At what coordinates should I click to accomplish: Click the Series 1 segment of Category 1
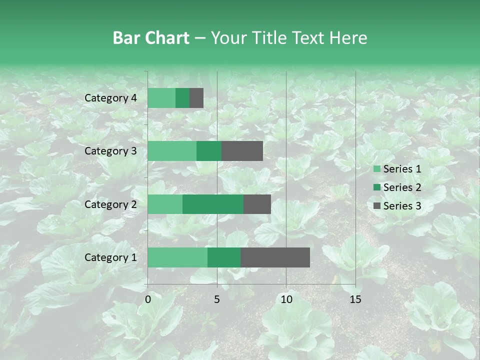177,257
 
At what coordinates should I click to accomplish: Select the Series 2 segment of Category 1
224,257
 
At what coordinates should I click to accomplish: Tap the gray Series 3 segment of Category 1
275,257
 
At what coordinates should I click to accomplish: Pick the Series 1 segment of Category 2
165,204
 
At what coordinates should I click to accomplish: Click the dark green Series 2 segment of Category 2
213,204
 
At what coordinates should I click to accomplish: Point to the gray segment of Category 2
257,204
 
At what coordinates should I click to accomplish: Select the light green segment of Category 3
172,151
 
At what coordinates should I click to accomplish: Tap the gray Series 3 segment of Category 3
242,151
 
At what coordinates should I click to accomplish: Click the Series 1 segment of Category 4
161,98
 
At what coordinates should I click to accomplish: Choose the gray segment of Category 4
196,98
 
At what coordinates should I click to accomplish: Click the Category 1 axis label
110,257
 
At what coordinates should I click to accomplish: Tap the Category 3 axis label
110,151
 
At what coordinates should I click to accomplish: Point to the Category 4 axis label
110,98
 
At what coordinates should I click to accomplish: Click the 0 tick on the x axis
148,299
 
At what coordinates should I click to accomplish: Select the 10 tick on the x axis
286,299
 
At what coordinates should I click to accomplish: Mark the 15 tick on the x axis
355,299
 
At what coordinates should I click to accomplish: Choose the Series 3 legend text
402,206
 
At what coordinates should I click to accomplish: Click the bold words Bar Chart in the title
151,38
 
